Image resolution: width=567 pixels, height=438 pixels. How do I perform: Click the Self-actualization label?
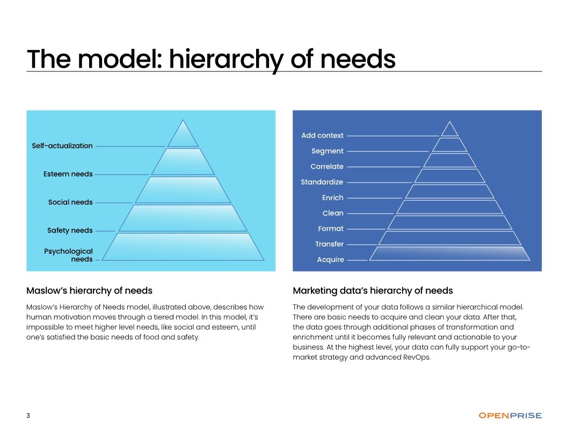[62, 146]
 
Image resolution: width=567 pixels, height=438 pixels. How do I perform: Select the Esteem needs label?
[68, 174]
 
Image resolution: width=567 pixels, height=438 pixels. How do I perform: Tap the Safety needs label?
[70, 231]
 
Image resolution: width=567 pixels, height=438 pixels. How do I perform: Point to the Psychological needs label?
[69, 255]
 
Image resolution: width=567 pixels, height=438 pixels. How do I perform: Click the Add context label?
[322, 136]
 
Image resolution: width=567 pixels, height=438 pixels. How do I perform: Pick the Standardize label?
[322, 182]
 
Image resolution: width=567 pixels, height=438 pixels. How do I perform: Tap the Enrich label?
[332, 198]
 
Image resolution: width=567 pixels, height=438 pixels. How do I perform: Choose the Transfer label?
[329, 244]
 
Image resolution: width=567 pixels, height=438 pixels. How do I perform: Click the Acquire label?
[330, 260]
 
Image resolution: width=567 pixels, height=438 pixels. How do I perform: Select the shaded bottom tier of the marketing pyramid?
[449, 254]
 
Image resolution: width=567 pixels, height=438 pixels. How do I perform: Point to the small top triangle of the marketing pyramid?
[449, 130]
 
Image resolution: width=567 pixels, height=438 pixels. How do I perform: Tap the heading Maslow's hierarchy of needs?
[89, 291]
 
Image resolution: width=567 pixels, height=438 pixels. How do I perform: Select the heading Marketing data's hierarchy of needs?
[373, 291]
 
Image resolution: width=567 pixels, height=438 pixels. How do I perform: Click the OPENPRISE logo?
[510, 415]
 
